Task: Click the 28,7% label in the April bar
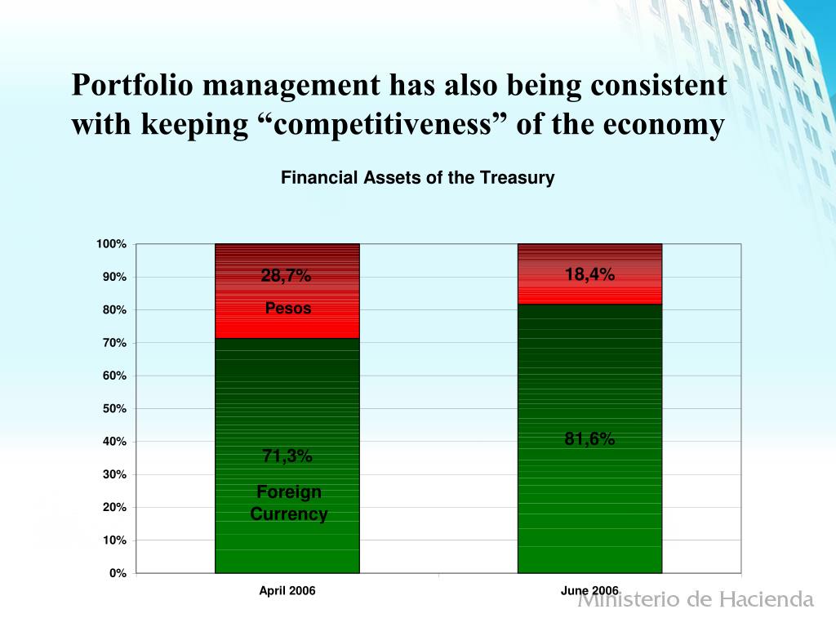coord(286,276)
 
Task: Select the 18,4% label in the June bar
coord(589,275)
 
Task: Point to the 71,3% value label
coord(287,456)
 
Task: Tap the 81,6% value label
coord(589,439)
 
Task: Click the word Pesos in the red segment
coord(287,309)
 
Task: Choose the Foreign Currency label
coord(289,503)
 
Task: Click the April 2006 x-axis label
coord(287,590)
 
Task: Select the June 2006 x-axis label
coord(589,590)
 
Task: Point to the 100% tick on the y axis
coord(111,244)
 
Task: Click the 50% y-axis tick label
coord(114,408)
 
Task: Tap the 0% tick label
coord(118,573)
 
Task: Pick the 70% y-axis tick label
coord(114,343)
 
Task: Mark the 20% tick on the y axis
coord(114,507)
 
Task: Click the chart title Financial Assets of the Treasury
coord(417,177)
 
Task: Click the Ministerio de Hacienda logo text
coord(696,600)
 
